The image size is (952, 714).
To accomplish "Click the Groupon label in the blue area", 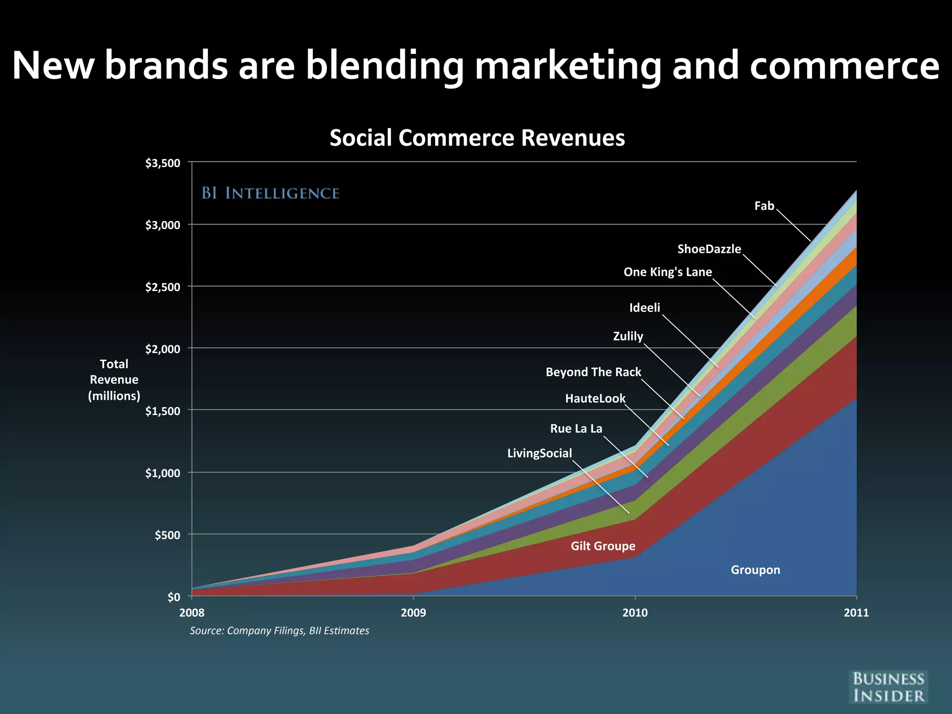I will pos(755,570).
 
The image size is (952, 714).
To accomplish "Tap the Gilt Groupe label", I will pos(603,546).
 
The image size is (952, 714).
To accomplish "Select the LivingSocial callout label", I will pos(539,453).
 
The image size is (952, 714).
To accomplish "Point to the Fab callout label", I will pos(764,206).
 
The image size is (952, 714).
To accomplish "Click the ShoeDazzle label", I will pos(709,249).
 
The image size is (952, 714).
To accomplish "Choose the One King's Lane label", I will pos(668,272).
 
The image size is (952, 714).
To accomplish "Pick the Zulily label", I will pos(628,336).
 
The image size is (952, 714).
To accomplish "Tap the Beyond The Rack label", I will pos(593,372).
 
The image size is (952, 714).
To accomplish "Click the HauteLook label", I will pos(595,398).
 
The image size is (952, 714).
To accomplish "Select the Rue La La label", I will pos(576,429).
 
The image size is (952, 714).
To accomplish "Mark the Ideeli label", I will pos(644,308).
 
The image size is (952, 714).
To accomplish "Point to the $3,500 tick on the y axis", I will pos(162,163).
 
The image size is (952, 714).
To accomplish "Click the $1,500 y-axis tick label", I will pos(162,411).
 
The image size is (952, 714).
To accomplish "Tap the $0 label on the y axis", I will pos(173,597).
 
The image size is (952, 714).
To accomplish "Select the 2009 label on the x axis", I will pos(413,613).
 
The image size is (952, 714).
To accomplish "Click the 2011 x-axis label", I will pos(856,613).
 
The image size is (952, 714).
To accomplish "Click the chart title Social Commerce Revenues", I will pos(477,138).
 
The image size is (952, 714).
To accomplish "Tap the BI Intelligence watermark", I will pos(270,193).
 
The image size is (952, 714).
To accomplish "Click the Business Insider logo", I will pos(888,687).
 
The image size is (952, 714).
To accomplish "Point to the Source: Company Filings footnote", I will pos(279,631).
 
